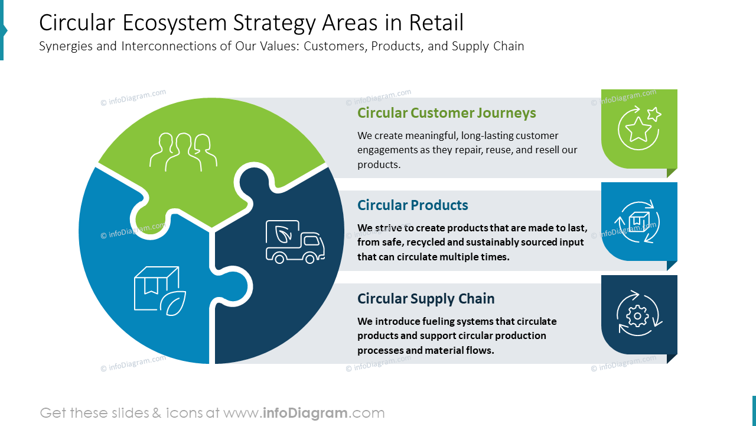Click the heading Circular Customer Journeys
pyautogui.click(x=447, y=113)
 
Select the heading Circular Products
pyautogui.click(x=412, y=205)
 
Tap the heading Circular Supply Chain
pyautogui.click(x=426, y=299)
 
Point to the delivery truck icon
pyautogui.click(x=295, y=242)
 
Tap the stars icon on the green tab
pyautogui.click(x=639, y=127)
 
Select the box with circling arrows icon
pyautogui.click(x=637, y=222)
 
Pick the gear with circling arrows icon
pyautogui.click(x=638, y=315)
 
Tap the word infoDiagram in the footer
pyautogui.click(x=305, y=413)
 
